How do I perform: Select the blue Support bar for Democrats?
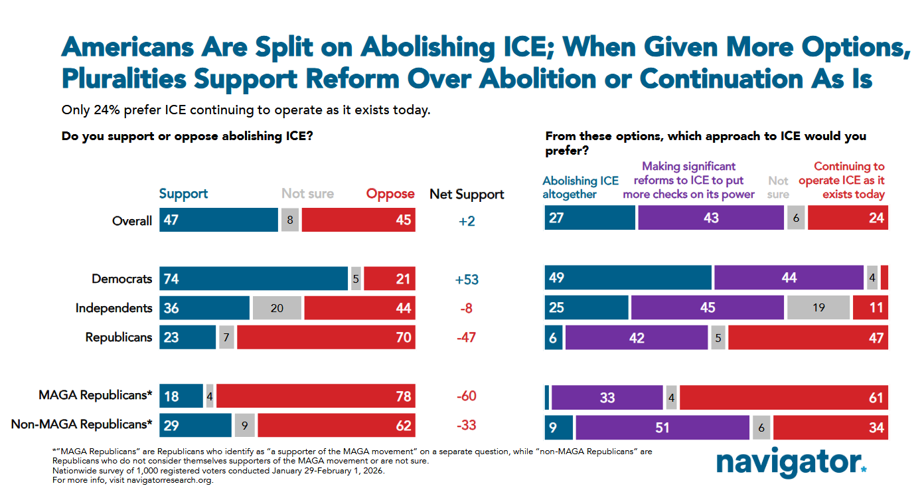pos(254,279)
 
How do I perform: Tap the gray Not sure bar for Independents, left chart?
pos(276,308)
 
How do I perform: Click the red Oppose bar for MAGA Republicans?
pos(315,396)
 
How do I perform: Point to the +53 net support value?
pos(467,280)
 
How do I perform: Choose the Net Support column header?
pos(467,195)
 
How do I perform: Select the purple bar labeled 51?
pos(662,427)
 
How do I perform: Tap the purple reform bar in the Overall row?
pos(711,218)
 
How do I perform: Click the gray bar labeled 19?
pos(818,308)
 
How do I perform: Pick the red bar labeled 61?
pos(784,398)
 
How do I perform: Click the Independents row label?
pos(114,308)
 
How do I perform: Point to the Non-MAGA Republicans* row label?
pos(82,425)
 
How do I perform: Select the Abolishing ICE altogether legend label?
pos(580,187)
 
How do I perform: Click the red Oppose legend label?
pos(390,194)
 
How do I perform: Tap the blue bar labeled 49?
pos(627,278)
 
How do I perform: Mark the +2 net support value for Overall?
pos(467,221)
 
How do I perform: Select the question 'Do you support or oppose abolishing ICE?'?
pos(187,137)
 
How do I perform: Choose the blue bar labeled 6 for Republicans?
pos(553,337)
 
